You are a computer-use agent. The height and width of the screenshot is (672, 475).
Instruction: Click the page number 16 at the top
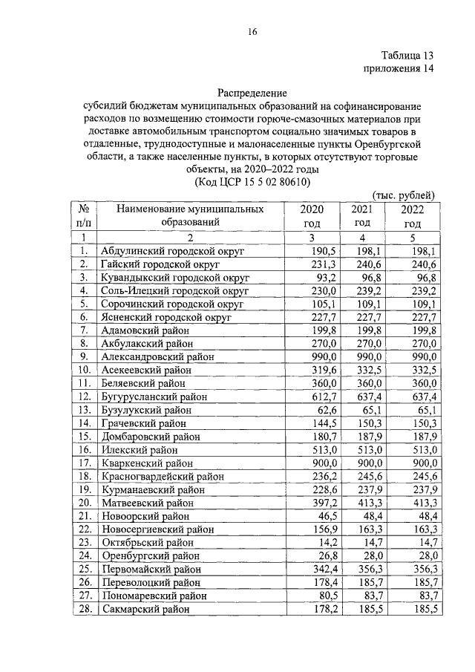point(252,31)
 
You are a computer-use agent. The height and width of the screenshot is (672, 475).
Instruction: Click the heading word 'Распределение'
point(252,94)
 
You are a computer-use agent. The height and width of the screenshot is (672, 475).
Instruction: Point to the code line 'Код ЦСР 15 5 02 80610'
point(252,182)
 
